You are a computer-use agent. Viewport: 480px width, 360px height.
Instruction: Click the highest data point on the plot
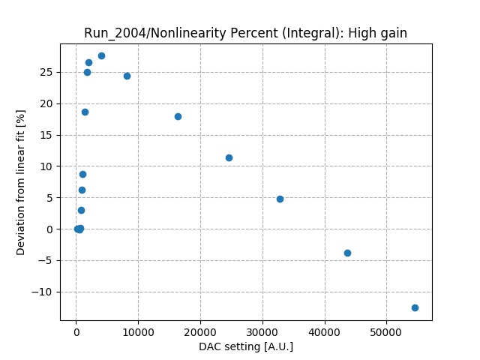[101, 55]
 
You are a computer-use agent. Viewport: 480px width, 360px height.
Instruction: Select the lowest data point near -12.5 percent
[415, 307]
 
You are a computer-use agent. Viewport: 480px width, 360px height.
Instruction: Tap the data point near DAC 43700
[347, 253]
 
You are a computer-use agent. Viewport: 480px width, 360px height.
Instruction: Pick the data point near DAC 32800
[280, 199]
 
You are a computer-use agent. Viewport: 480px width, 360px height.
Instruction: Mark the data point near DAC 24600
[229, 157]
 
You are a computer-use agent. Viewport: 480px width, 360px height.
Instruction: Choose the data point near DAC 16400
[178, 116]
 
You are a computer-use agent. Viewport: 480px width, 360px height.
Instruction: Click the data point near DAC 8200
[127, 76]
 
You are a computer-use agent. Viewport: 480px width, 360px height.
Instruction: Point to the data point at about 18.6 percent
[85, 112]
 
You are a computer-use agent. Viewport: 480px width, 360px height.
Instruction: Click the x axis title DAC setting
[246, 346]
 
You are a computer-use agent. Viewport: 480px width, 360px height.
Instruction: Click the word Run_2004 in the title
[110, 33]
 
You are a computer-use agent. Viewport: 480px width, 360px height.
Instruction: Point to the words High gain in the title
[379, 33]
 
